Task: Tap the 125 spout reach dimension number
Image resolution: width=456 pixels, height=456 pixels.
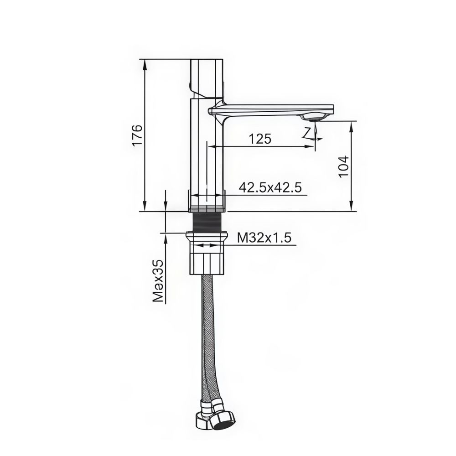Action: [260, 139]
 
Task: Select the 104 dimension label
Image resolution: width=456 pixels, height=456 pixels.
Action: [343, 166]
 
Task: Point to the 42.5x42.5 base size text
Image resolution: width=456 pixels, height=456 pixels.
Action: [270, 187]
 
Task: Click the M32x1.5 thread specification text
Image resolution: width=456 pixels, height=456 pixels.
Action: [264, 238]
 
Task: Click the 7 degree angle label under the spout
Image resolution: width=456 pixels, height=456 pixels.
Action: [308, 132]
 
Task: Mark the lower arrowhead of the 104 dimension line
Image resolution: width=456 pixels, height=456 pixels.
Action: [352, 207]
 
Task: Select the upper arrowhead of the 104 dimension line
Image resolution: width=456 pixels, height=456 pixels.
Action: [352, 125]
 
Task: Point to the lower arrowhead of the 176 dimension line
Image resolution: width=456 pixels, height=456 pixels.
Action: [145, 207]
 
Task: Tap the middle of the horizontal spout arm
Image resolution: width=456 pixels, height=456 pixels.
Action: [269, 109]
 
